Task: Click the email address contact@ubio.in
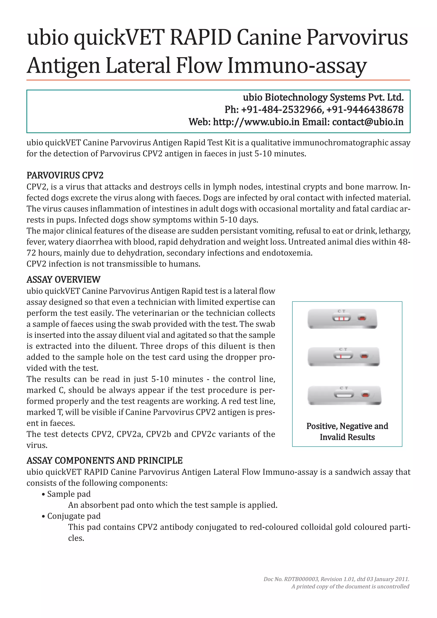coord(368,122)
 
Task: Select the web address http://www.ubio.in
coord(256,122)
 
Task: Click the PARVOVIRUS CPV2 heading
coord(65,175)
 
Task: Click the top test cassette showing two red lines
coord(342,319)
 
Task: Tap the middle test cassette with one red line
coord(343,356)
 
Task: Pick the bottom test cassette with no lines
coord(344,395)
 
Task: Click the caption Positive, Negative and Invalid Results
coord(347,431)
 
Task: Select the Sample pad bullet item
coord(69,494)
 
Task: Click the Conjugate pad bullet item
coord(74,516)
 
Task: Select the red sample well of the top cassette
coord(362,318)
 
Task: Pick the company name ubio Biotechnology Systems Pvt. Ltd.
coord(323,97)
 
